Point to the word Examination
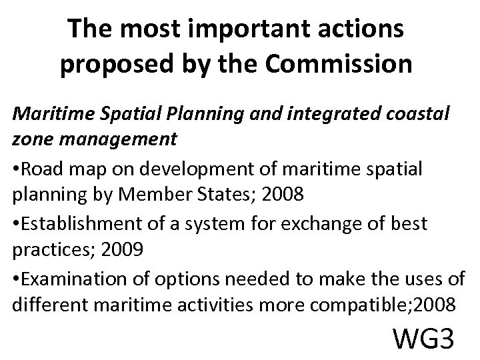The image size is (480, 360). coord(69,278)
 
